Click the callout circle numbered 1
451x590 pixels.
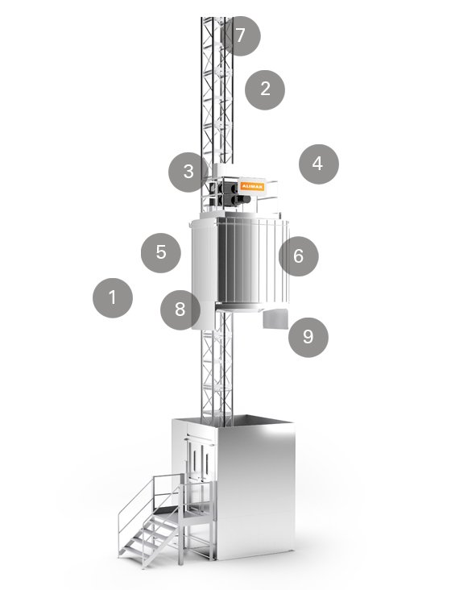[112, 297]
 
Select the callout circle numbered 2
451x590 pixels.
[266, 89]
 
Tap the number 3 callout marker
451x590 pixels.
[188, 172]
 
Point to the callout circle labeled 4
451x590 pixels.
[318, 164]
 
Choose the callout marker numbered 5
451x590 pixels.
[161, 252]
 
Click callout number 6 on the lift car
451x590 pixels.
[298, 257]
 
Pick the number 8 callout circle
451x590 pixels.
[180, 310]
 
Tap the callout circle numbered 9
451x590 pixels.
[308, 336]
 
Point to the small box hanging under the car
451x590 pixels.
[275, 321]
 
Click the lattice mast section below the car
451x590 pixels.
[211, 371]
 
